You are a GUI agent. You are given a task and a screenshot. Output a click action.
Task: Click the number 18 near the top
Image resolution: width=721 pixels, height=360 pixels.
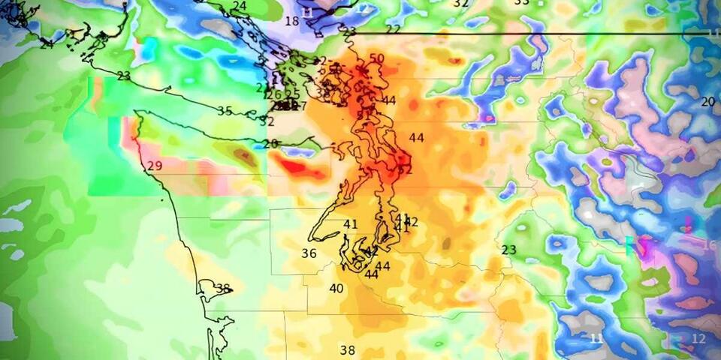(x=291, y=21)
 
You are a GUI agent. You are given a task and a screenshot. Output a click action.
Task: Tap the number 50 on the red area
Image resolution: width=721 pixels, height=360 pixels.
(x=377, y=58)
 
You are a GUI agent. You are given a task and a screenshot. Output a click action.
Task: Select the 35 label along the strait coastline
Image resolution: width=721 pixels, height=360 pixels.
(x=225, y=111)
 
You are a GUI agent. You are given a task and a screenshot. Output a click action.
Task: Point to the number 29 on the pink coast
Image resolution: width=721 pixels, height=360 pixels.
(x=155, y=166)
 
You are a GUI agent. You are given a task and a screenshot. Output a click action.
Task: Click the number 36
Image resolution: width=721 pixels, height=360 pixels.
(x=309, y=253)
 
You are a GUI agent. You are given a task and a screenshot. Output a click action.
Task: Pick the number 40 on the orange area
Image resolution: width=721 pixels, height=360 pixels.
(x=336, y=289)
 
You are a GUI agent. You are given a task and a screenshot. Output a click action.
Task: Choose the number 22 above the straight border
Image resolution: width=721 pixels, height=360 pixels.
(x=393, y=29)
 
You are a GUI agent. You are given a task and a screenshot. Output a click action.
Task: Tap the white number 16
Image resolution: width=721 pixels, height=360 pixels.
(x=709, y=245)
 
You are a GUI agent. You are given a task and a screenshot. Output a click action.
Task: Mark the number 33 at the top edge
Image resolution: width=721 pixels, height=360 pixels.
(x=521, y=3)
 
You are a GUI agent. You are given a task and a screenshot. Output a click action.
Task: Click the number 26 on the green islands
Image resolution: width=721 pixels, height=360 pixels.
(x=276, y=94)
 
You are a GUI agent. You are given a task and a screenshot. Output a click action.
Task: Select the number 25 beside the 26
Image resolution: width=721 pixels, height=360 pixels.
(x=293, y=94)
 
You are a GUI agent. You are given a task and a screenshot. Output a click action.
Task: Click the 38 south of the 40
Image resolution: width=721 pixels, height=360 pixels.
(x=347, y=350)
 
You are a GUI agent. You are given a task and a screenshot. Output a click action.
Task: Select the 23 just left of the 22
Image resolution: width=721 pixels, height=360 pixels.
(x=348, y=31)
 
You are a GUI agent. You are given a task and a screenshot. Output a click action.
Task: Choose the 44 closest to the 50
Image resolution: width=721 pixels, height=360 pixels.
(x=388, y=100)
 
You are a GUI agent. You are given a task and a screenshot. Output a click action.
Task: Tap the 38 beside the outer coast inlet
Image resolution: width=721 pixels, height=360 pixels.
(x=222, y=288)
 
